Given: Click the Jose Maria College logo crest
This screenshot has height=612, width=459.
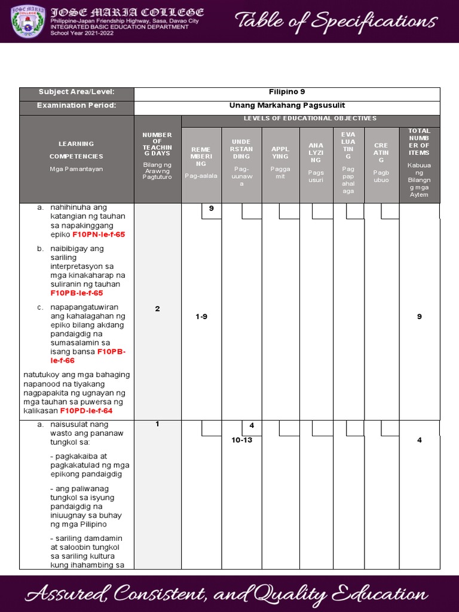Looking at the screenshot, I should tap(29, 21).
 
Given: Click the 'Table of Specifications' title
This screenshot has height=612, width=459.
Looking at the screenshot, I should tap(336, 22).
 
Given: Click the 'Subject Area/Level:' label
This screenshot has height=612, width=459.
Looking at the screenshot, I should tap(76, 92).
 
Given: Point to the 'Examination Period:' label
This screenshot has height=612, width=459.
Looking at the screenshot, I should tap(76, 106).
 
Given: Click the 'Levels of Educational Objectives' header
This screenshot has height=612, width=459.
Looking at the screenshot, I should tap(310, 119).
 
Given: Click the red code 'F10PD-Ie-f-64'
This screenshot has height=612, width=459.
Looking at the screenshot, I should tap(86, 411).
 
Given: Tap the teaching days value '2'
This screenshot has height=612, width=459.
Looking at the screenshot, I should tap(157, 309).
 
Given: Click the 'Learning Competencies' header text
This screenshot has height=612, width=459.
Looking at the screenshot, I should tap(76, 150).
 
